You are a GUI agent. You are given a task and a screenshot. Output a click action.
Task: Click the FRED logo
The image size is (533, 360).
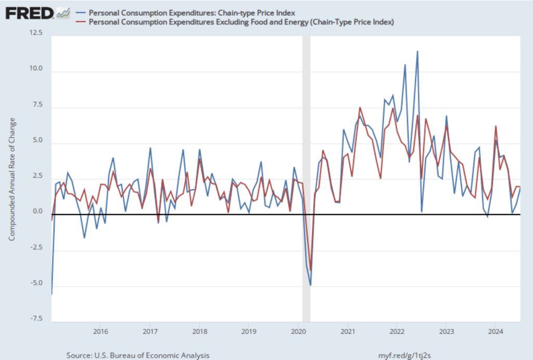[30, 12]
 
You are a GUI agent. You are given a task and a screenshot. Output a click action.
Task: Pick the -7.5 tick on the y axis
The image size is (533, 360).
[37, 319]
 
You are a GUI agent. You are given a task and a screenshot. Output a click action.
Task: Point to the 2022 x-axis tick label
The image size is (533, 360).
[397, 331]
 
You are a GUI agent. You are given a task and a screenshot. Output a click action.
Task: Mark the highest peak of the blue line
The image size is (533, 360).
[417, 51]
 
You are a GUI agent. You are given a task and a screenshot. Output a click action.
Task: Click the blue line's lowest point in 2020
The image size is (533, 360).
[311, 285]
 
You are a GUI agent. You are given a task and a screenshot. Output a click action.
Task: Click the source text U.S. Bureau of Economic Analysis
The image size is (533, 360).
[138, 355]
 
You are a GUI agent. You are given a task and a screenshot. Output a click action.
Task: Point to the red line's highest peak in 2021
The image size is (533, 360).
[360, 108]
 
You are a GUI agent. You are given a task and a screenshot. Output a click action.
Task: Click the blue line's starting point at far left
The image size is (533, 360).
[52, 294]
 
